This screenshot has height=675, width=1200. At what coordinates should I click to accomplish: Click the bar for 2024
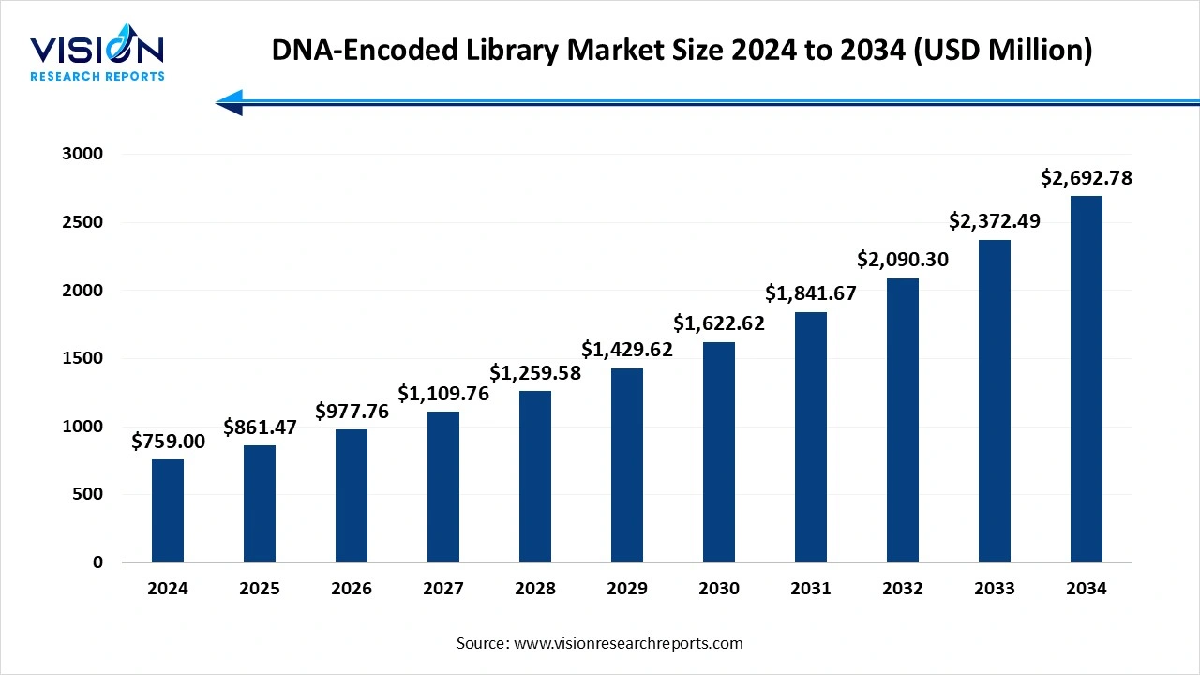pyautogui.click(x=168, y=511)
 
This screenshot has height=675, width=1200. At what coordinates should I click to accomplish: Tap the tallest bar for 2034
pyautogui.click(x=1086, y=379)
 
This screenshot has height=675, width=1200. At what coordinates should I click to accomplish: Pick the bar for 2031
pyautogui.click(x=811, y=437)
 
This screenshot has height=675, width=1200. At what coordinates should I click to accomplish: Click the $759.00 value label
pyautogui.click(x=168, y=441)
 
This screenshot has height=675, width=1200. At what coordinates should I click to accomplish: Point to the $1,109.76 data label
pyautogui.click(x=443, y=394)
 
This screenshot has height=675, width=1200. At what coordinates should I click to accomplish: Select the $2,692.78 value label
pyautogui.click(x=1086, y=177)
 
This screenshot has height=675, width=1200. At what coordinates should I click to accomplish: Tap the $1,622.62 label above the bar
pyautogui.click(x=719, y=323)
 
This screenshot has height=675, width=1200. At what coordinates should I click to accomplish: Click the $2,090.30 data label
pyautogui.click(x=903, y=260)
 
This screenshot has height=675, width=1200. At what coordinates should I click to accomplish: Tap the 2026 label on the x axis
pyautogui.click(x=352, y=589)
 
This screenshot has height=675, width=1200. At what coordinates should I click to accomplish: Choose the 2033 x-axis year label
pyautogui.click(x=994, y=589)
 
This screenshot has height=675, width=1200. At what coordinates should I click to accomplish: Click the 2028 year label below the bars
pyautogui.click(x=535, y=589)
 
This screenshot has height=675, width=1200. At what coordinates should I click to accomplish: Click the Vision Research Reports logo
pyautogui.click(x=97, y=56)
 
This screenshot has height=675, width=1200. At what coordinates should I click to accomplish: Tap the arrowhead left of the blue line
pyautogui.click(x=231, y=103)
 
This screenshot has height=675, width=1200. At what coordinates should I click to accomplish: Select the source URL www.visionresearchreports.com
pyautogui.click(x=628, y=643)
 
